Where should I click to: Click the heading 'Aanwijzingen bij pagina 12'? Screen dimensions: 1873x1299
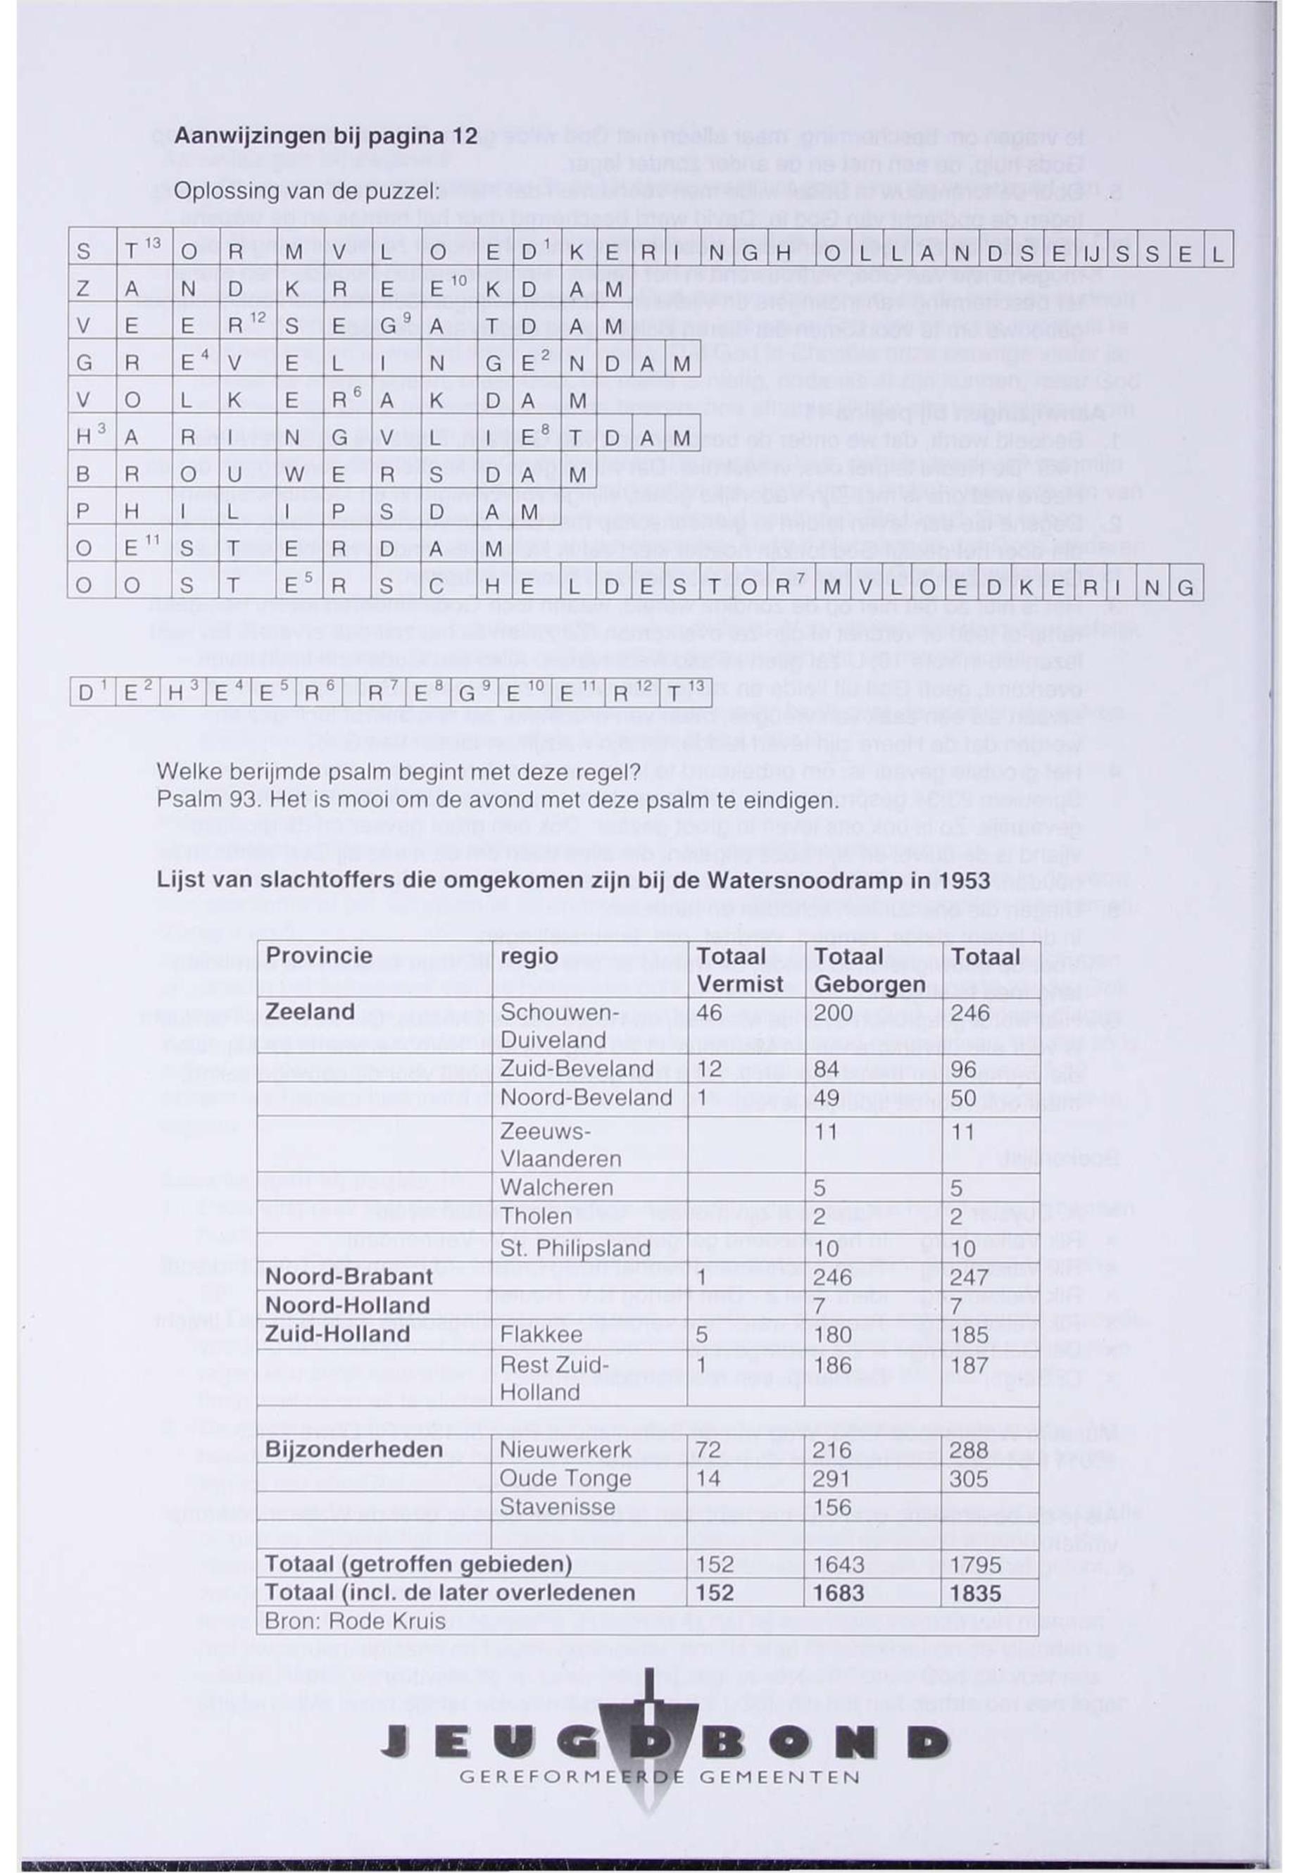[x=325, y=136]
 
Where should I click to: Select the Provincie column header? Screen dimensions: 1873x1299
[x=318, y=956]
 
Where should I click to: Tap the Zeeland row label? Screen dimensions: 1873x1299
[x=309, y=1012]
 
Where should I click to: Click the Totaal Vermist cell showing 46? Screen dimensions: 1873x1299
[x=709, y=1013]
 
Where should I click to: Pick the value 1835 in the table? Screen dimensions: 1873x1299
[x=975, y=1593]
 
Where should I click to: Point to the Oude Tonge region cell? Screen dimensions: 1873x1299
[x=565, y=1478]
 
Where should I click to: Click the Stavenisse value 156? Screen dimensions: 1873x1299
[x=832, y=1507]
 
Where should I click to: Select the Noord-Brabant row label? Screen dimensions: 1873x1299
[x=349, y=1277]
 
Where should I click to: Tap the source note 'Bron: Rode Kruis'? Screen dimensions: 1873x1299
[x=355, y=1621]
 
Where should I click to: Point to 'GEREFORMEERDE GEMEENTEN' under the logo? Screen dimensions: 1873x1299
[x=659, y=1777]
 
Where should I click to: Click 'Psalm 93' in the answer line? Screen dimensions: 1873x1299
[x=207, y=800]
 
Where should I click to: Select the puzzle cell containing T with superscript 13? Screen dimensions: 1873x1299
[x=135, y=251]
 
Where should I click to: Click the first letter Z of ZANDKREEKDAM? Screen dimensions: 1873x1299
[x=83, y=289]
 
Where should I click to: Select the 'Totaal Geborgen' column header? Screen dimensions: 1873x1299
[x=868, y=970]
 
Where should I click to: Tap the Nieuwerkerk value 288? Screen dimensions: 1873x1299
[x=969, y=1450]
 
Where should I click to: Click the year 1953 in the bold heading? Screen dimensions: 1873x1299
[x=964, y=881]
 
